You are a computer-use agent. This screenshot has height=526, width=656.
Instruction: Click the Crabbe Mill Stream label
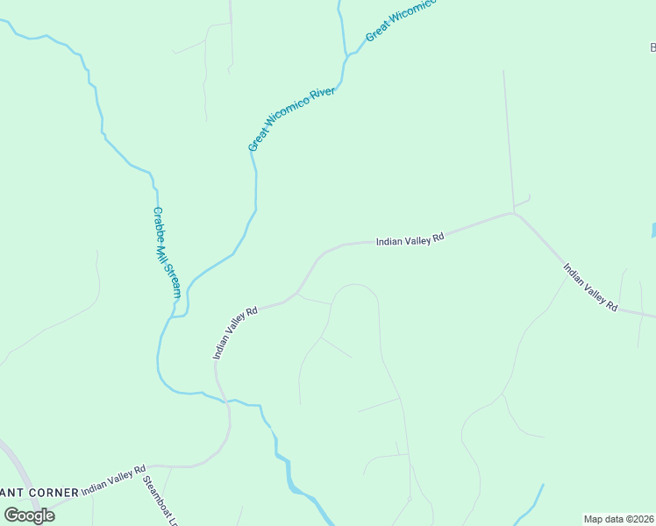(166, 252)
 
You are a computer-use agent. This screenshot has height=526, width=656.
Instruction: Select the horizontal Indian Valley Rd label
(410, 239)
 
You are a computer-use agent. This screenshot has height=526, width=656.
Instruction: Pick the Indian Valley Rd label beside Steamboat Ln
(113, 481)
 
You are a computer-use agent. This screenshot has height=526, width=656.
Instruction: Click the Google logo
(29, 515)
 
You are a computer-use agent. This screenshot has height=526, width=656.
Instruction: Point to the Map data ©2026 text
(619, 519)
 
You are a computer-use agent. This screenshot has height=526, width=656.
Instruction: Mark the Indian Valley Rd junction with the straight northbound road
(512, 212)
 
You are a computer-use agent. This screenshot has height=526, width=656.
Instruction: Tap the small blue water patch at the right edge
(653, 231)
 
